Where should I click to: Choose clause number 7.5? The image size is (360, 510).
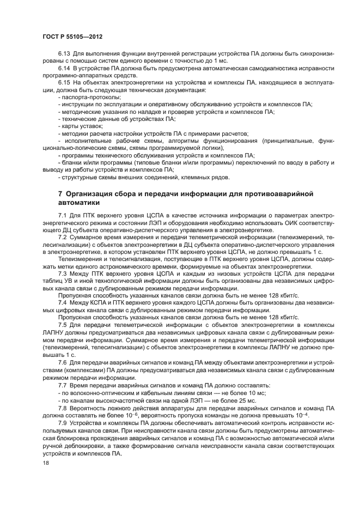tap(64, 324)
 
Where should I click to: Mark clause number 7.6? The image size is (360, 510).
tap(64, 363)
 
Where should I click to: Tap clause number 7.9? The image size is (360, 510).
tap(64, 423)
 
